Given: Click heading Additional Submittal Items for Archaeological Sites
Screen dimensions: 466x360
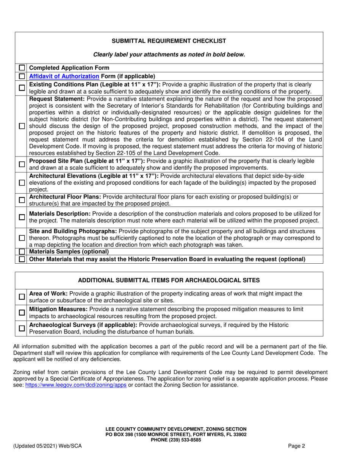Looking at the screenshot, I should pos(169,280).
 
